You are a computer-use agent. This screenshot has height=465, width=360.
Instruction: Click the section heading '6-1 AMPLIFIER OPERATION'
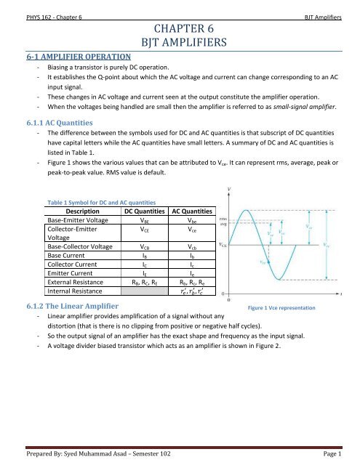point(68,55)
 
